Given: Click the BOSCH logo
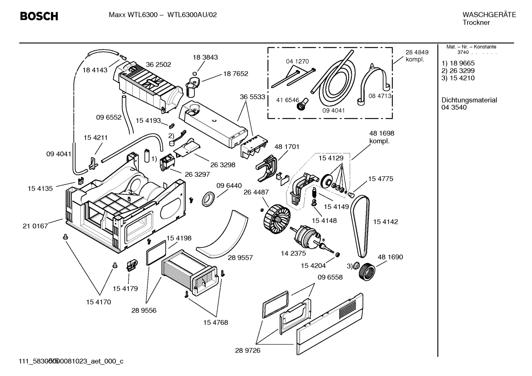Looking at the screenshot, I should pyautogui.click(x=39, y=16).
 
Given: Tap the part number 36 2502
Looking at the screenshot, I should pyautogui.click(x=158, y=65).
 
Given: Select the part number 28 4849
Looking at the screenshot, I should pyautogui.click(x=417, y=52).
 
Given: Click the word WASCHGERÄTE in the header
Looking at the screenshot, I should pyautogui.click(x=489, y=15).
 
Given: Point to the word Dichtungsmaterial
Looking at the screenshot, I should pyautogui.click(x=469, y=100).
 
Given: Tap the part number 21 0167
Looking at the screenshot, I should pyautogui.click(x=35, y=226).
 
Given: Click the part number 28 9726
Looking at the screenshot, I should pyautogui.click(x=248, y=350).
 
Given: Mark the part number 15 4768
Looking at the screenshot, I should pyautogui.click(x=215, y=322).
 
